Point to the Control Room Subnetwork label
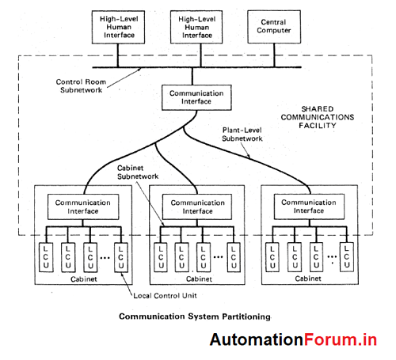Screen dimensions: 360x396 click(83, 86)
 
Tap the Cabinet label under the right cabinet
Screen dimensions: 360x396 click(307, 279)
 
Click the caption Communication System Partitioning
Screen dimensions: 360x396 click(194, 316)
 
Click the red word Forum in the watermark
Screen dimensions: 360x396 click(328, 340)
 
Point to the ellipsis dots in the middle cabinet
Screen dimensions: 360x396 click(216, 257)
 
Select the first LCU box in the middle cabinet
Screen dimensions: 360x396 click(162, 257)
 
